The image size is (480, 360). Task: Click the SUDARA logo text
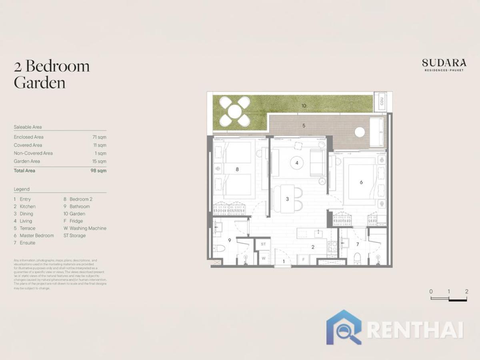[444, 63]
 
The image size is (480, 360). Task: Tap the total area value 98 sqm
[98, 170]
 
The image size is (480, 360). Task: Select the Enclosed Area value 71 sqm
[99, 137]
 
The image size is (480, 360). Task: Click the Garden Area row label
[27, 161]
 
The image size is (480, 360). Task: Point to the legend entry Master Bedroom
[36, 236]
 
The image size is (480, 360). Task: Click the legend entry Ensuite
[27, 243]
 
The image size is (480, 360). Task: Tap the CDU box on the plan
[381, 102]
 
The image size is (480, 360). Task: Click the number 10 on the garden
[304, 106]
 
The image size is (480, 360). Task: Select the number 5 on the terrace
[304, 126]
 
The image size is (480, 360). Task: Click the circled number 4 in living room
[297, 163]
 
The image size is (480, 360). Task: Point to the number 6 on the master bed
[361, 182]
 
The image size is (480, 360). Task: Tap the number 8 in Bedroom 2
[237, 169]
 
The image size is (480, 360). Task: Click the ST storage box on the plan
[263, 244]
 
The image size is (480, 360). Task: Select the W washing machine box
[263, 258]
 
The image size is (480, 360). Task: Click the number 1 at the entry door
[284, 262]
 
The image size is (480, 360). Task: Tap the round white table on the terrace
[360, 132]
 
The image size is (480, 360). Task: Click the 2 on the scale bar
[466, 292]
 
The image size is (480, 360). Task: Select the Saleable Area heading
[28, 127]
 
